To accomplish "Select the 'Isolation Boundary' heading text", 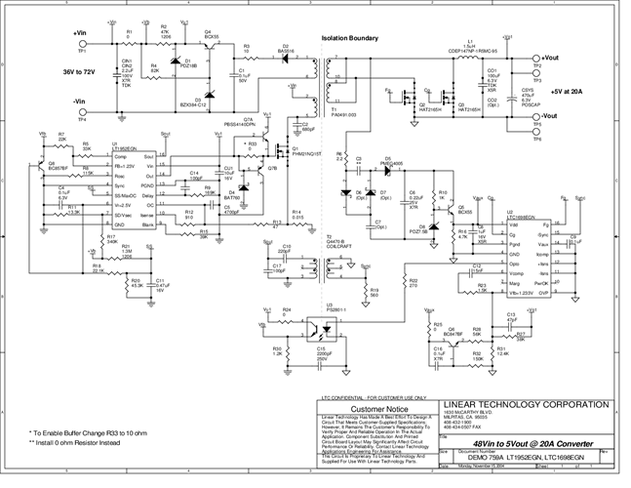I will coord(348,39).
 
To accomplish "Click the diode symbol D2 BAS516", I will coord(286,56).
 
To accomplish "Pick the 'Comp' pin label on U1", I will coord(120,157).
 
